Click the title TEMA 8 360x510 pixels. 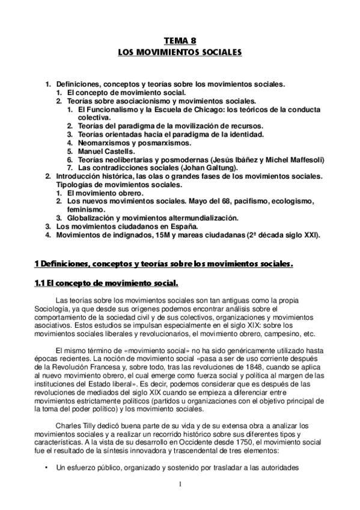180,41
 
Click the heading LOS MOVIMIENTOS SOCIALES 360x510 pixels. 180,53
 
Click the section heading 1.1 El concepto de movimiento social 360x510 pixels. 106,283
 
